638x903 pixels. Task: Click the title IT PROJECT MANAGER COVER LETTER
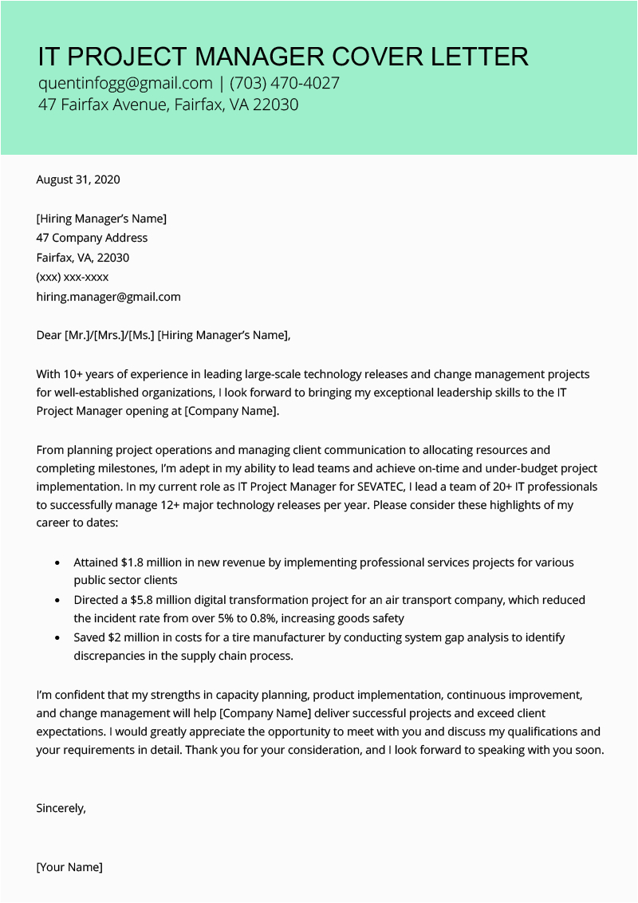[x=283, y=57]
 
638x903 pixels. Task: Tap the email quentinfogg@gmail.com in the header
[x=125, y=83]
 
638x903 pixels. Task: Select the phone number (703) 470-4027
[x=285, y=83]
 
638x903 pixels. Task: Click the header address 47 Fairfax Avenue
[x=102, y=104]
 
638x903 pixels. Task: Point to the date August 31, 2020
[x=78, y=179]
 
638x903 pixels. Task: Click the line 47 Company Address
[x=92, y=238]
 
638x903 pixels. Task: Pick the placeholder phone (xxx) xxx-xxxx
[x=73, y=277]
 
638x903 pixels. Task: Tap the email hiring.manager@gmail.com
[x=108, y=297]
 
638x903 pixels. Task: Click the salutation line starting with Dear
[x=163, y=335]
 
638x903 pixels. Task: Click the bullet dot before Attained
[x=57, y=563]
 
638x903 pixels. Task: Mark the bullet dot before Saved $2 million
[x=57, y=638]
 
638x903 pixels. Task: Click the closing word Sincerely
[x=61, y=808]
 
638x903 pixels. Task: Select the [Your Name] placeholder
[x=69, y=867]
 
